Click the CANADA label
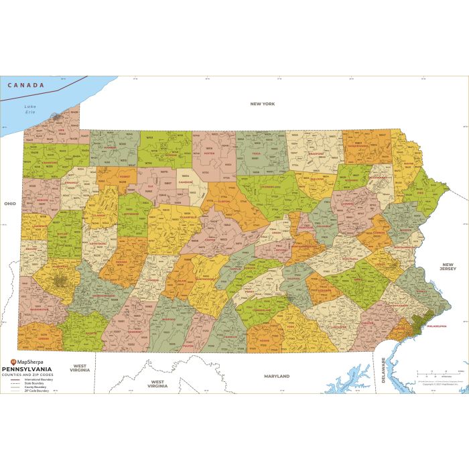[25, 85]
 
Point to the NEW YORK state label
[262, 104]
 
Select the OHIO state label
[9, 203]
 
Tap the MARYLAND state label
[276, 377]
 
